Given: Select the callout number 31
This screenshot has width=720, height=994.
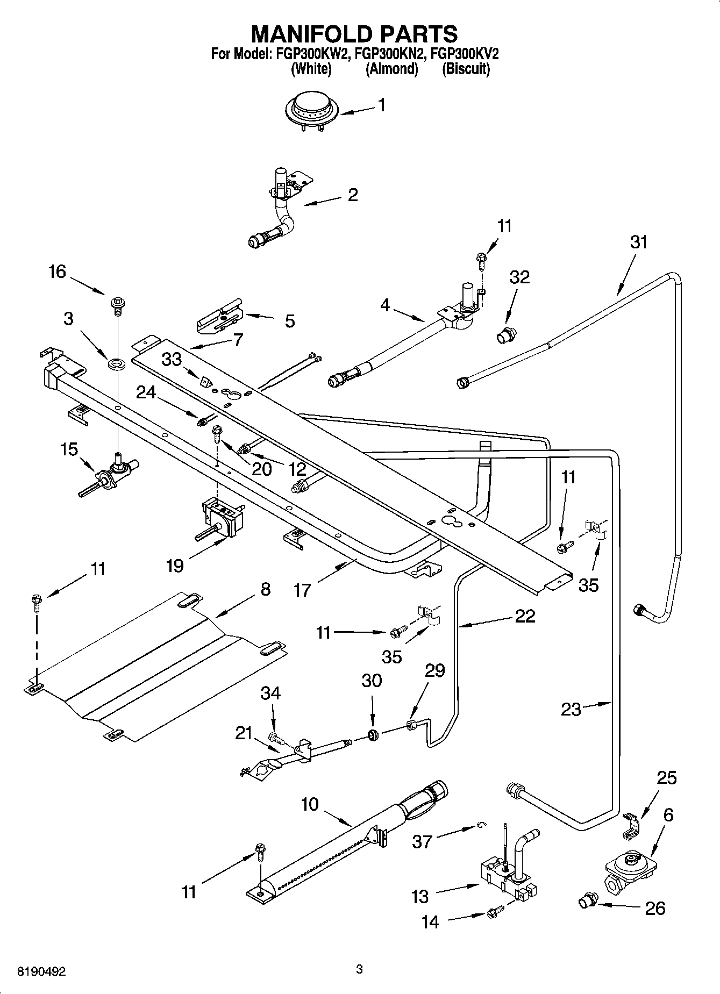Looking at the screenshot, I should [639, 242].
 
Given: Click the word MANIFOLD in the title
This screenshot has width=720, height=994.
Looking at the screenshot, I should [309, 33].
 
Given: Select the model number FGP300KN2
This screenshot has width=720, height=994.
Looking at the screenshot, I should [392, 54].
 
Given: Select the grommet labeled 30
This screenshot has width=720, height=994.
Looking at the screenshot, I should [373, 734].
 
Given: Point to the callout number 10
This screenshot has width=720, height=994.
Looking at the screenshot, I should [310, 805].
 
